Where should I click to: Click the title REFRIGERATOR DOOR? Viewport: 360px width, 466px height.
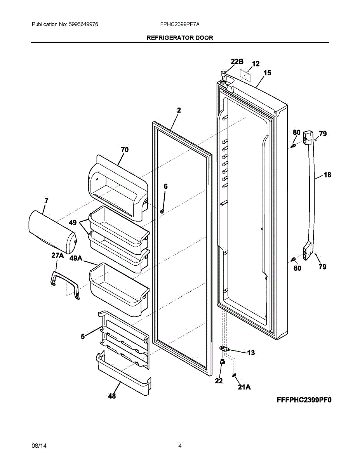(x=180, y=38)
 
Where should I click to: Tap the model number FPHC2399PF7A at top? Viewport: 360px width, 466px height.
(x=180, y=24)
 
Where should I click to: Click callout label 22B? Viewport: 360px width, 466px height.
(x=237, y=61)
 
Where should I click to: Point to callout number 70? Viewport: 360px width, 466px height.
(x=125, y=150)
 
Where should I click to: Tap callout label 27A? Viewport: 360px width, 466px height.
(x=57, y=255)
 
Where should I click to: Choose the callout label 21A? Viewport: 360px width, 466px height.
(x=244, y=387)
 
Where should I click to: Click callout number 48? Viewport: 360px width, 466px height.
(x=112, y=396)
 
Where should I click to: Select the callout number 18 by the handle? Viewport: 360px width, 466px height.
(x=327, y=175)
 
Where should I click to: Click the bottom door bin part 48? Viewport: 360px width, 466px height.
(x=122, y=375)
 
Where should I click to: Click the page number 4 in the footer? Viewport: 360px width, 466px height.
(x=180, y=446)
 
